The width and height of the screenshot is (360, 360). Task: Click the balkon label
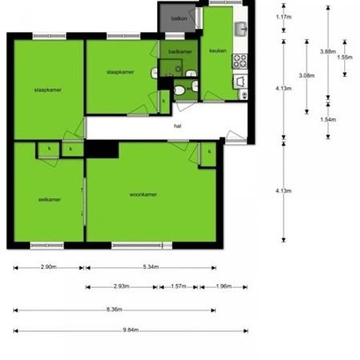tap(179, 18)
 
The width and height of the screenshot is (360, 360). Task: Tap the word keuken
tap(217, 51)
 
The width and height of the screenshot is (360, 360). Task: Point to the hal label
tap(177, 126)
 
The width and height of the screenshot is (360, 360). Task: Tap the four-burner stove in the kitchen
tap(240, 61)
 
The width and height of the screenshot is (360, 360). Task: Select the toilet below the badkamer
tap(179, 90)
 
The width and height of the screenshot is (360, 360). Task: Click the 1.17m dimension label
tap(283, 17)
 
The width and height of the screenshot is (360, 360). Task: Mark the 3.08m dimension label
tap(306, 76)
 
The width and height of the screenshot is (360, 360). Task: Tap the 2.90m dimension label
tap(48, 267)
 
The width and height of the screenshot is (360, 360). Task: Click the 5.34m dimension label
tap(151, 267)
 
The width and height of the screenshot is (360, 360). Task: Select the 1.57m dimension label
tap(179, 287)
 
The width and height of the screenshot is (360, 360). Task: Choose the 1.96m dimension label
tap(223, 287)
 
